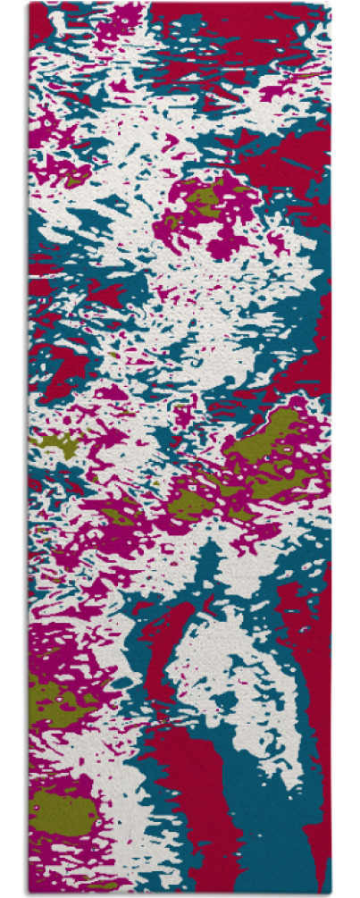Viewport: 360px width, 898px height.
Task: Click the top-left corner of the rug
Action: coord(29,3)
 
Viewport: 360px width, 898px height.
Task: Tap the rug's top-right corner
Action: coord(329,3)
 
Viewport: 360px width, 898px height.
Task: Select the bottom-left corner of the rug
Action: coord(29,894)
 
